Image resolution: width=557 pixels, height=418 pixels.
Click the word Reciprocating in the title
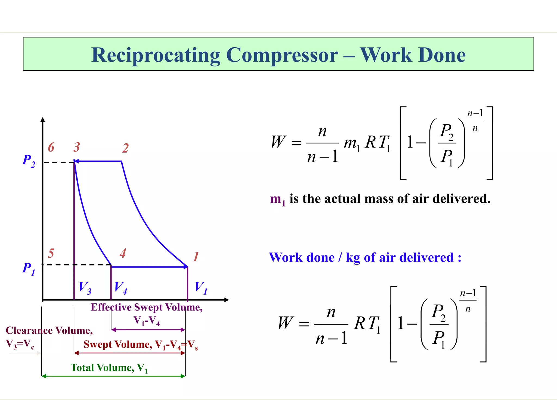point(155,55)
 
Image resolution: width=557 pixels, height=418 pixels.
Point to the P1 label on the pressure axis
point(29,269)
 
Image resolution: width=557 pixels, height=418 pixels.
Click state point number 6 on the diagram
point(51,147)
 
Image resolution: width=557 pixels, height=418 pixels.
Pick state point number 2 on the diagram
point(125,148)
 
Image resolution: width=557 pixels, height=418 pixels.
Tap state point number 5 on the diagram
point(51,253)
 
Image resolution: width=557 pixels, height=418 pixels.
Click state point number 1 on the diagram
point(196,257)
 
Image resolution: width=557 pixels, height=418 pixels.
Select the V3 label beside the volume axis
point(85,288)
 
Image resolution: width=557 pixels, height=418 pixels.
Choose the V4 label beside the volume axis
point(120,288)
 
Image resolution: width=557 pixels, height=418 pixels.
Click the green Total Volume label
point(109,368)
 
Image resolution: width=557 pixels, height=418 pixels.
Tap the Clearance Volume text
point(49,330)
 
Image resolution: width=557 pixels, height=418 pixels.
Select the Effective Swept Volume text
point(147,307)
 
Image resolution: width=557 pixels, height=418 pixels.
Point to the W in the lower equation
point(286,323)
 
